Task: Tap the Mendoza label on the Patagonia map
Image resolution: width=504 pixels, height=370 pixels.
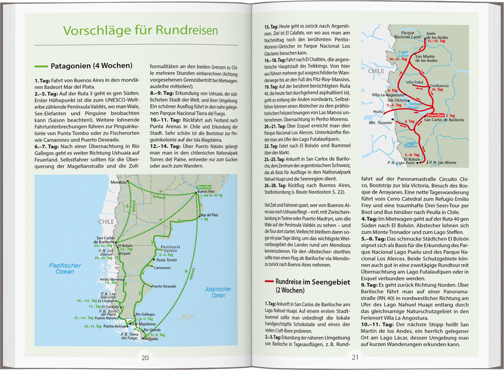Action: coord(118,182)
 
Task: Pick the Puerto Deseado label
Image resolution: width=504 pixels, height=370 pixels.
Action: coord(165,286)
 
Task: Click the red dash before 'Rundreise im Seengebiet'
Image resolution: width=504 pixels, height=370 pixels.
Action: coord(269,283)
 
